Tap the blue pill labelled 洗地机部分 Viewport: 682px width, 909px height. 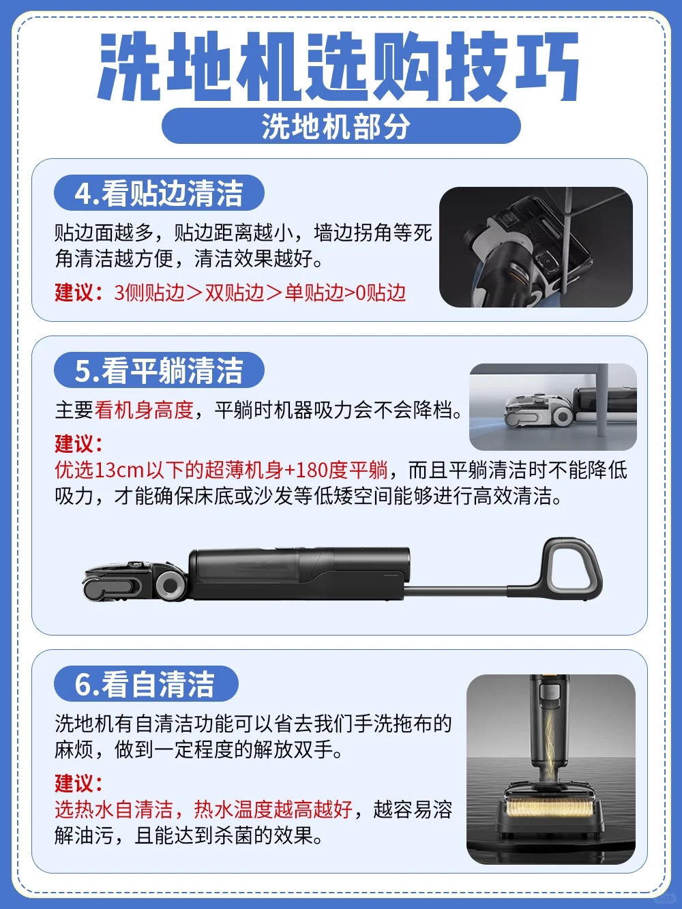(341, 126)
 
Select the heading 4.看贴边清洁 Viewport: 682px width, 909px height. (159, 193)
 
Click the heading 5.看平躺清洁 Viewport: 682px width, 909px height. (159, 370)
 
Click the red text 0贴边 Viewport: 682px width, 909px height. (380, 293)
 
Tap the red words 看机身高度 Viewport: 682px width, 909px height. (144, 411)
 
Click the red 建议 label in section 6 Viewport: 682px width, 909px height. (78, 783)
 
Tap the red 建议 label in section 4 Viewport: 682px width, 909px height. (78, 293)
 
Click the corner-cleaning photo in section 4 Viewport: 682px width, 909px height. (536, 248)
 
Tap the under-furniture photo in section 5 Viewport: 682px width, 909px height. (553, 406)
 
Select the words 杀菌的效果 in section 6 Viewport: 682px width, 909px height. (267, 837)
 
